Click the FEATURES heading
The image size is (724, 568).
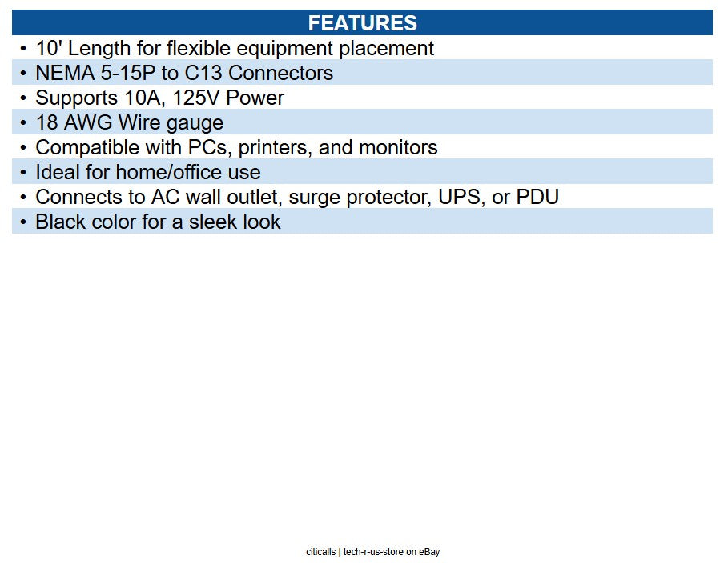click(363, 23)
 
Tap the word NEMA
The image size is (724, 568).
click(65, 73)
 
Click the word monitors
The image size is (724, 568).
click(398, 148)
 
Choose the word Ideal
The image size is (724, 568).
click(58, 173)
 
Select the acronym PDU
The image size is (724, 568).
click(537, 198)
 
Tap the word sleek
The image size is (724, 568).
click(213, 222)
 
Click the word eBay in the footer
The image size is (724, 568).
click(429, 552)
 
